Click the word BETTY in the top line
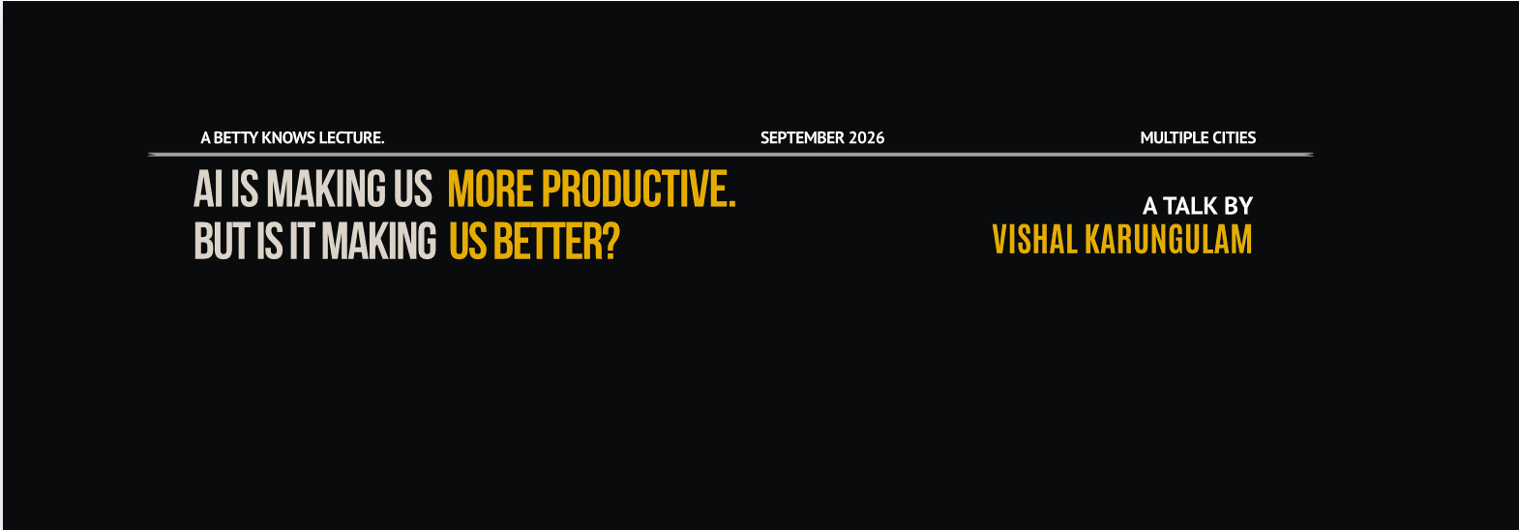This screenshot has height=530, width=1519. coord(236,137)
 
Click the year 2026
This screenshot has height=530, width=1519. coord(867,137)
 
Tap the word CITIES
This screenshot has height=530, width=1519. coord(1235,137)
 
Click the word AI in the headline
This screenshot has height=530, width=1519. coord(208,189)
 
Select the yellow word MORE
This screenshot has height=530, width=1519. coord(491,189)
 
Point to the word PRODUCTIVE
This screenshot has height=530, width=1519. coord(639,189)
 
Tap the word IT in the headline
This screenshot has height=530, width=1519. coord(302,241)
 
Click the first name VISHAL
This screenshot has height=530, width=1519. coord(1035,239)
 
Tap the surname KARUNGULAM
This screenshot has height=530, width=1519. coord(1169,239)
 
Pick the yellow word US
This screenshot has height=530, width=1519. coord(468,241)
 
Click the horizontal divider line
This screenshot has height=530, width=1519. coord(731,155)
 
